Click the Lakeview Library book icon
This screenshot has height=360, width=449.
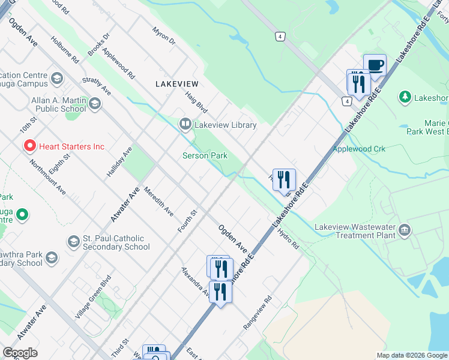tap(185, 124)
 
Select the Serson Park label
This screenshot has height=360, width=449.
tap(205, 155)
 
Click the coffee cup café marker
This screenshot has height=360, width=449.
tap(375, 65)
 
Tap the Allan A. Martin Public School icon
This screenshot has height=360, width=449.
tap(94, 104)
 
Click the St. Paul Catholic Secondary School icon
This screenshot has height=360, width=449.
tap(73, 241)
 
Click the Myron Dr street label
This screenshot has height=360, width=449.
tap(163, 36)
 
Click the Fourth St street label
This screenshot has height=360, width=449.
tap(187, 221)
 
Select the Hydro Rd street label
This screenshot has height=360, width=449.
tap(288, 238)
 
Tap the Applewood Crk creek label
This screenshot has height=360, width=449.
tap(359, 149)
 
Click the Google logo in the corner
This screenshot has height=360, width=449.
tap(20, 353)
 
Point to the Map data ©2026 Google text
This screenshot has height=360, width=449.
tap(411, 355)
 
